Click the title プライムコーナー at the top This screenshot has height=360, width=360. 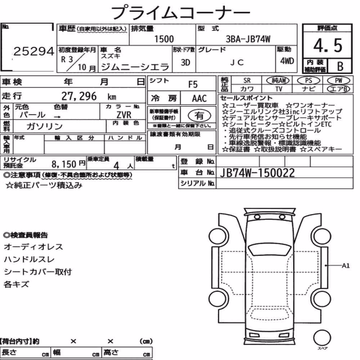pyautogui.click(x=180, y=13)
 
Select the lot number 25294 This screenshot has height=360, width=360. pyautogui.click(x=34, y=51)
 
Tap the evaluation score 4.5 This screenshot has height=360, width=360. pyautogui.click(x=328, y=45)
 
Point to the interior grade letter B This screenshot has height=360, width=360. pyautogui.click(x=340, y=66)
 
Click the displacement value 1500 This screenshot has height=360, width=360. pyautogui.click(x=164, y=39)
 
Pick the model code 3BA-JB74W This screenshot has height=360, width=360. pyautogui.click(x=248, y=39)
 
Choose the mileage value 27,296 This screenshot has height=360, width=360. pyautogui.click(x=79, y=96)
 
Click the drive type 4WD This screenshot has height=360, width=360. pyautogui.click(x=287, y=61)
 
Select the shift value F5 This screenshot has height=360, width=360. pyautogui.click(x=193, y=85)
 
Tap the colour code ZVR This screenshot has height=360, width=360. pyautogui.click(x=124, y=114)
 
